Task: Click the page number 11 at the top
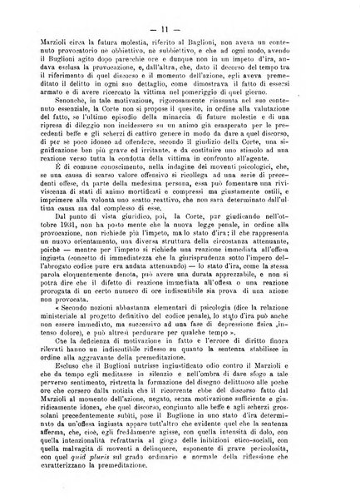179,11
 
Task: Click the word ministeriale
76,317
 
